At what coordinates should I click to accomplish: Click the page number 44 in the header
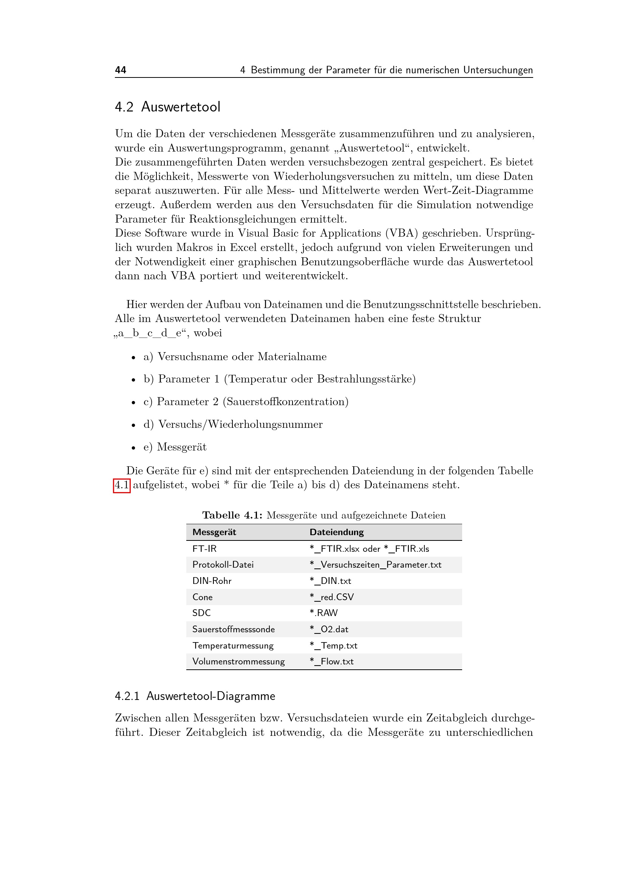pos(121,70)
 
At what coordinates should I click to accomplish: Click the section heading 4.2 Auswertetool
pos(167,107)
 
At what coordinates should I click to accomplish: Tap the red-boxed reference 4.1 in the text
pos(122,485)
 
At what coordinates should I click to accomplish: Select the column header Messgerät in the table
pos(214,532)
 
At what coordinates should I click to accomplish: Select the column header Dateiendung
pos(336,532)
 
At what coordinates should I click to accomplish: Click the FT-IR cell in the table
pos(204,549)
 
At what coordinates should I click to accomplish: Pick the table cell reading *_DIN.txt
pos(330,581)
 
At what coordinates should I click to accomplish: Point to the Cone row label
pos(203,597)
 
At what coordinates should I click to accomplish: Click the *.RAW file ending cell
pos(324,613)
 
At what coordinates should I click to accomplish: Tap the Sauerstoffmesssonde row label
pos(234,629)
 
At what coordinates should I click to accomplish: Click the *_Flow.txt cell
pos(331,661)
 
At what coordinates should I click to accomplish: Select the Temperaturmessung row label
pos(233,646)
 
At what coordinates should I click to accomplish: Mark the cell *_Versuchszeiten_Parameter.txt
pos(375,565)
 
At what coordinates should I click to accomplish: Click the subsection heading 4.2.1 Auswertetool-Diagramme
pos(195,696)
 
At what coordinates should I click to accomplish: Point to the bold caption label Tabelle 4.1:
pos(232,516)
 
